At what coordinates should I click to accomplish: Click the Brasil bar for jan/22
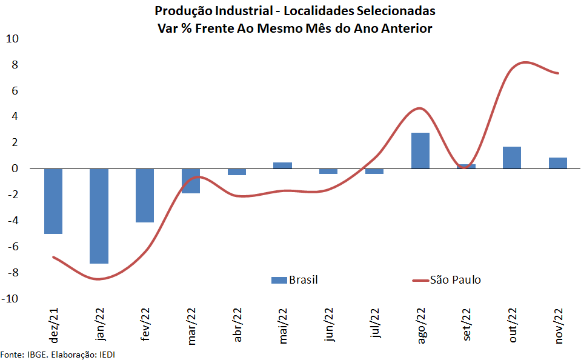(x=99, y=216)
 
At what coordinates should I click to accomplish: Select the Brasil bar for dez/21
(x=53, y=201)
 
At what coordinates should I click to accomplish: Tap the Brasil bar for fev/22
(x=145, y=195)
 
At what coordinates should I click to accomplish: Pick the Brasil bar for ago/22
(x=420, y=150)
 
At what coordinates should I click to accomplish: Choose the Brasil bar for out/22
(x=512, y=158)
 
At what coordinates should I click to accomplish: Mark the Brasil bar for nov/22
(x=557, y=163)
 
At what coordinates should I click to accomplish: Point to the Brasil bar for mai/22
(x=282, y=165)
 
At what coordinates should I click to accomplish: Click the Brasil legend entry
(x=294, y=279)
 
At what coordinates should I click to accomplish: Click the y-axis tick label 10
(x=13, y=39)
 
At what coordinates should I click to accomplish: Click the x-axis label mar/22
(x=191, y=326)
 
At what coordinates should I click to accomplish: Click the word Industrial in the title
(x=237, y=12)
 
